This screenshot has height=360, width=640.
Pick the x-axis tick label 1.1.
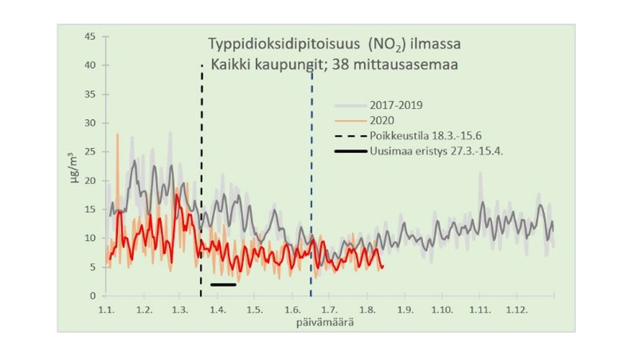click(x=106, y=309)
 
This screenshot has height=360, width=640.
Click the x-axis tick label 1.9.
click(x=405, y=309)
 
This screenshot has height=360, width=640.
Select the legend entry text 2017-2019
click(x=396, y=105)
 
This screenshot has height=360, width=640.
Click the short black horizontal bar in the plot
click(x=223, y=284)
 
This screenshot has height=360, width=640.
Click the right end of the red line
click(x=382, y=266)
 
